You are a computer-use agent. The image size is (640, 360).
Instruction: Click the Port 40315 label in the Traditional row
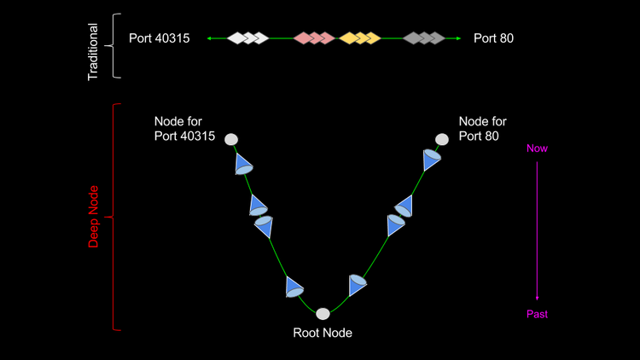[x=159, y=38]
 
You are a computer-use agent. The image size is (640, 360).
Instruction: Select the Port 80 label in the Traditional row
[x=493, y=38]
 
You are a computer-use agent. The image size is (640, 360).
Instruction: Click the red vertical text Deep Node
[x=94, y=217]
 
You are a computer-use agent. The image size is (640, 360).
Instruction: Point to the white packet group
[x=247, y=38]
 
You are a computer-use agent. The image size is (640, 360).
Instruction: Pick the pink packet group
[x=313, y=38]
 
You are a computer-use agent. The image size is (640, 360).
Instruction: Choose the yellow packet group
[x=358, y=38]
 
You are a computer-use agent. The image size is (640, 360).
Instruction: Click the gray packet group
[x=423, y=38]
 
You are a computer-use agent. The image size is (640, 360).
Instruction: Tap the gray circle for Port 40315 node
[x=231, y=139]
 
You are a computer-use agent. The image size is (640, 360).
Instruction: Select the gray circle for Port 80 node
[x=441, y=139]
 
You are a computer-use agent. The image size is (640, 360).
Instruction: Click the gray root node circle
[x=323, y=314]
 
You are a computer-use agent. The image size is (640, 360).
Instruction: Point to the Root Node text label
[x=323, y=334]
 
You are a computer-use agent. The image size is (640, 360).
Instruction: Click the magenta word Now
[x=537, y=148]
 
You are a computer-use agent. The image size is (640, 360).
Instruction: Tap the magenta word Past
[x=537, y=314]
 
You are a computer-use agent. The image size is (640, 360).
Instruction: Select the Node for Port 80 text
[x=482, y=128]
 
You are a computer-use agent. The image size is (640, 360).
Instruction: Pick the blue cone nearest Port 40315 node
[x=244, y=164]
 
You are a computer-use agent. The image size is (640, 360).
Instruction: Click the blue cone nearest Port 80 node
[x=432, y=160]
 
